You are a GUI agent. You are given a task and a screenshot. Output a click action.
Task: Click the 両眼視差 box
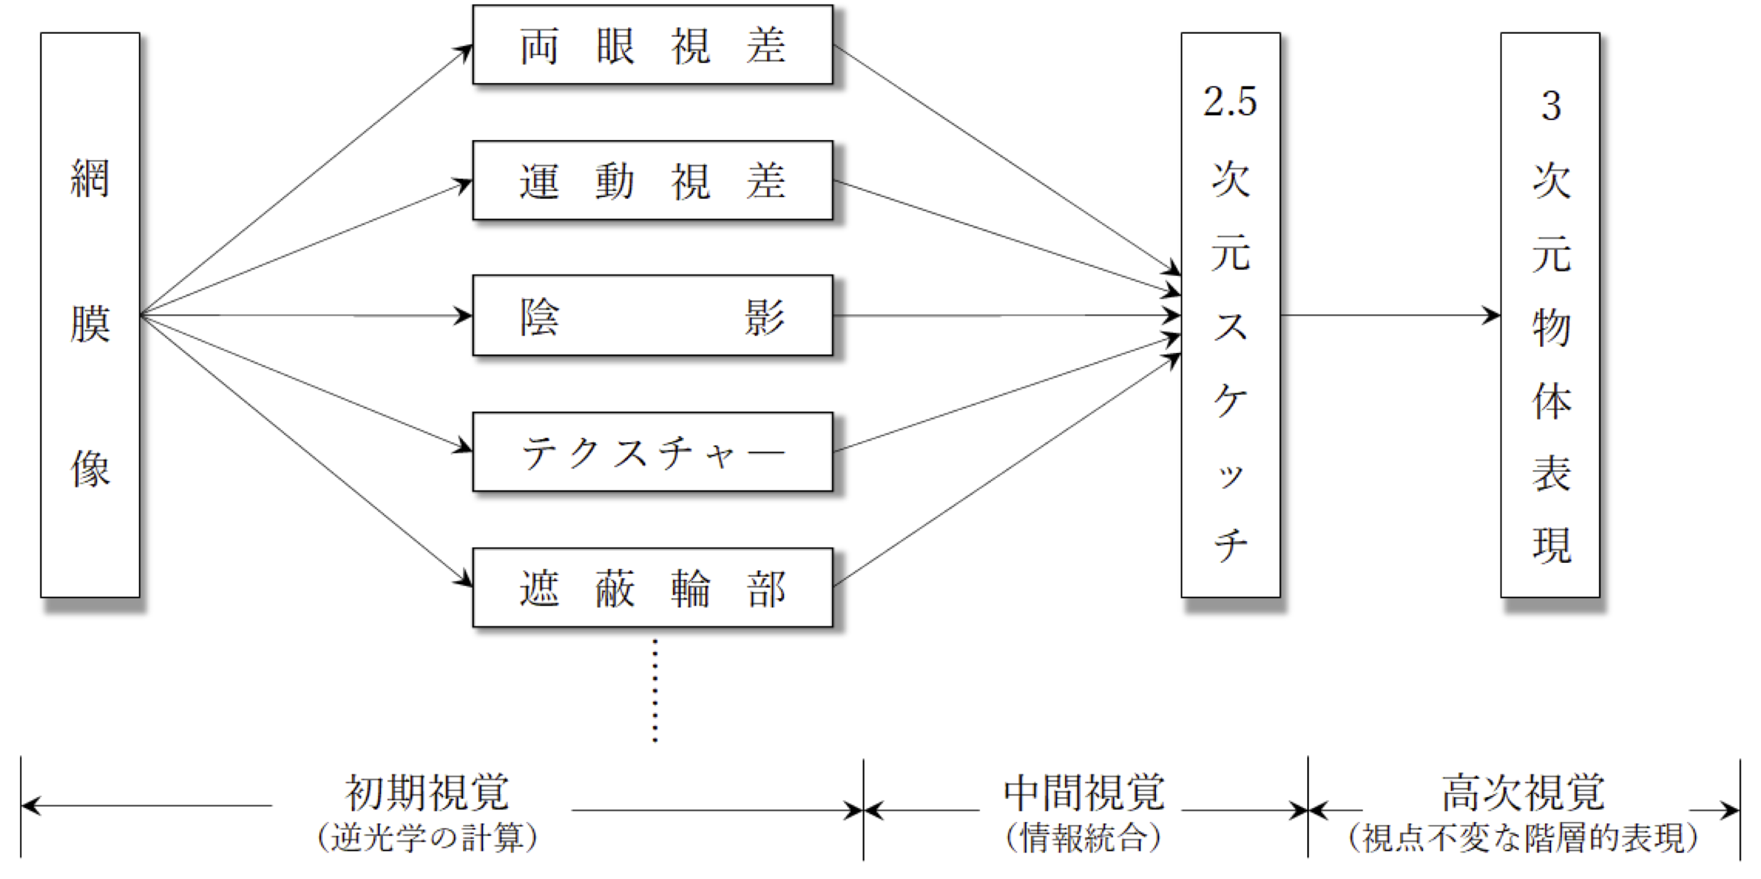(x=652, y=45)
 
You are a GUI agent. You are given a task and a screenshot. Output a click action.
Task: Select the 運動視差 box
(x=652, y=180)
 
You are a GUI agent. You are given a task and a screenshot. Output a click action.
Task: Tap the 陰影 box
(x=652, y=316)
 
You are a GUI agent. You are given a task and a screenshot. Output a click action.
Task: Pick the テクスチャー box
(x=652, y=452)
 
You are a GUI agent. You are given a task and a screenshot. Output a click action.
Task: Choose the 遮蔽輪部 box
(x=652, y=588)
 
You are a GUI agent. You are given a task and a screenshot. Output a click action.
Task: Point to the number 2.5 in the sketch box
(x=1230, y=101)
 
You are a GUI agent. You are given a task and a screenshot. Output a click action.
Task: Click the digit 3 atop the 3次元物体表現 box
(x=1551, y=106)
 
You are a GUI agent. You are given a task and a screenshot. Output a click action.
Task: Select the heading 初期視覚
(x=428, y=793)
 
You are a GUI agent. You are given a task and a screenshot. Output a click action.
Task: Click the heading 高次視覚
(x=1523, y=793)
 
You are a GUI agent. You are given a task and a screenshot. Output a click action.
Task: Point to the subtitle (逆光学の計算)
(x=428, y=838)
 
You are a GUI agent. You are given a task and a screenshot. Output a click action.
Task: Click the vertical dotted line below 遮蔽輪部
(x=655, y=691)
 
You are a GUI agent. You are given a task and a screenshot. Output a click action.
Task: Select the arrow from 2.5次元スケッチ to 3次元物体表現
(x=1388, y=316)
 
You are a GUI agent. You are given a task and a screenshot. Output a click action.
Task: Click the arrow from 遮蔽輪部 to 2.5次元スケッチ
(x=1005, y=472)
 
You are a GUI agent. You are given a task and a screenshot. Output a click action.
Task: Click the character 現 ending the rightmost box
(x=1551, y=546)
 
